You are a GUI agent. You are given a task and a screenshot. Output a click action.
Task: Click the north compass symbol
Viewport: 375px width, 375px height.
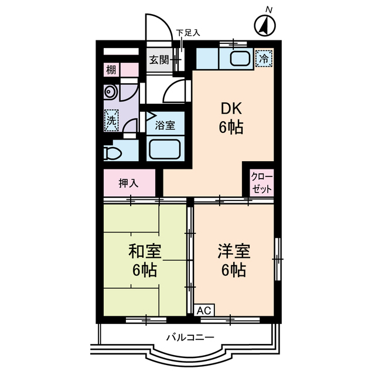click(267, 25)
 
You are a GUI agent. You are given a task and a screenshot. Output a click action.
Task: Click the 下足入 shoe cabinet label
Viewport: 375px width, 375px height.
click(188, 33)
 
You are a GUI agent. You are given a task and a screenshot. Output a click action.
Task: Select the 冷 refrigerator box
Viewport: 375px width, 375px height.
click(264, 58)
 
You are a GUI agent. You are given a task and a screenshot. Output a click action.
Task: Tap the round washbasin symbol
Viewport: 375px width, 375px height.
click(110, 92)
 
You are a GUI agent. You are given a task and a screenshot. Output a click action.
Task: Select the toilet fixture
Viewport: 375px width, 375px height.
click(113, 153)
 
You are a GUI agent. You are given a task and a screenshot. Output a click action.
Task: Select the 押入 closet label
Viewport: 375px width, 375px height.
click(128, 183)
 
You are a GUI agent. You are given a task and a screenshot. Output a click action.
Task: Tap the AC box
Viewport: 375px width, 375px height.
click(204, 310)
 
